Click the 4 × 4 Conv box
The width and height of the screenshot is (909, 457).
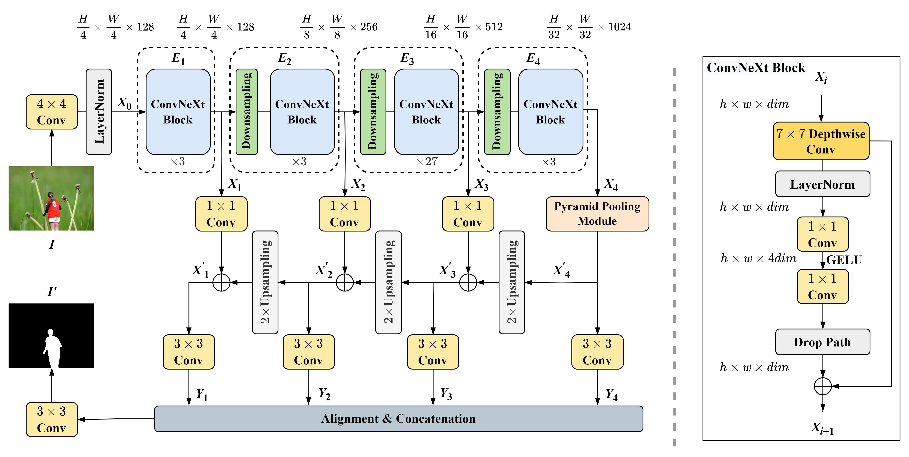pyautogui.click(x=52, y=112)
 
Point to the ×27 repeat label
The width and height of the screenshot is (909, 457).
pyautogui.click(x=427, y=162)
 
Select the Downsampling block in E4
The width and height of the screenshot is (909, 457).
pyautogui.click(x=497, y=112)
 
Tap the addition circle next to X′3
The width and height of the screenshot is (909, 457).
pyautogui.click(x=468, y=283)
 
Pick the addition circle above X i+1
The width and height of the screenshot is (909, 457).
pyautogui.click(x=822, y=386)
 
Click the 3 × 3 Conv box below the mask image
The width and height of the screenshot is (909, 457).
pyautogui.click(x=52, y=419)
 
